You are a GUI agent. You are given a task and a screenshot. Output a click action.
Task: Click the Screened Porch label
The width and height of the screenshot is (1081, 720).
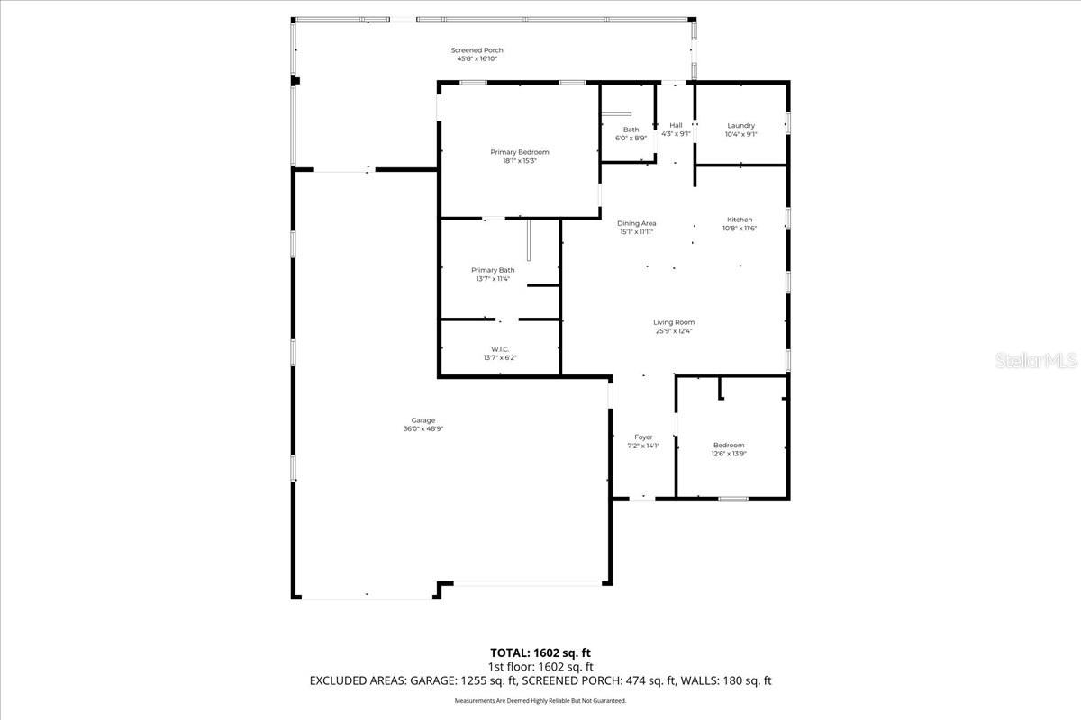pos(477,50)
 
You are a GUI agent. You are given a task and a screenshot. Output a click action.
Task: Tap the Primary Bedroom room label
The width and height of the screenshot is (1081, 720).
pos(519,152)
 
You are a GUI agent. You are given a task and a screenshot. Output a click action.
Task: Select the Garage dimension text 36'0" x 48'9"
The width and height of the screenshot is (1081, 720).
pos(423,429)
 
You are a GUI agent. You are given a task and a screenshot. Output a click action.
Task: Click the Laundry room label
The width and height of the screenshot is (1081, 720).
pos(740,126)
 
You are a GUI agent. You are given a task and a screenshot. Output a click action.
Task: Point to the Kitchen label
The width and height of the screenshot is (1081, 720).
pos(740,220)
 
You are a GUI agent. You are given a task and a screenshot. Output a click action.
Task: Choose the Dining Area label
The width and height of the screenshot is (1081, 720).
pos(636,223)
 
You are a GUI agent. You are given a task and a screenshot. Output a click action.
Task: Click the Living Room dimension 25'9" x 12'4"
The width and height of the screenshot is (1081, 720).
pos(674,331)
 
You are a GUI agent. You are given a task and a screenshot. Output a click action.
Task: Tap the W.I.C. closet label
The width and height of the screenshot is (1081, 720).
pos(500,349)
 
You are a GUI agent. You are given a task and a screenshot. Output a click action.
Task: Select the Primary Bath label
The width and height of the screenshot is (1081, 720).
pos(493,270)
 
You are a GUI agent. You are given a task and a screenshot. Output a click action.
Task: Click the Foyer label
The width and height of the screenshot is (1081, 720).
pos(643,437)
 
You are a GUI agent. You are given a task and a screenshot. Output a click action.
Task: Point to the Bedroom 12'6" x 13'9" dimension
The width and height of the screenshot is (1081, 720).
pos(729,454)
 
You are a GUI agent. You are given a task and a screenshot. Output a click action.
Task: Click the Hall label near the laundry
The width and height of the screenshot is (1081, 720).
pos(676,125)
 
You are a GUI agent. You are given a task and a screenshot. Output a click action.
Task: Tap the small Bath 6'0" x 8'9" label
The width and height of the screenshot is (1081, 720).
pos(631,130)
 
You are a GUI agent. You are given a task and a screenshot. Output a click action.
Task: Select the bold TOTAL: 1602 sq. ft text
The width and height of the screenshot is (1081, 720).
pos(540,652)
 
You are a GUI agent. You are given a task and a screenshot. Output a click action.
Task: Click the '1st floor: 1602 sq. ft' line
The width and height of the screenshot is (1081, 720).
pos(540,667)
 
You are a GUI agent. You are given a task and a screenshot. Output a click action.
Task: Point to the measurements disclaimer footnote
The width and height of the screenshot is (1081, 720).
pos(540,700)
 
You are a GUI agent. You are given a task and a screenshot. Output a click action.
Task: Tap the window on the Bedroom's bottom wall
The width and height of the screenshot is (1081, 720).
pos(732,498)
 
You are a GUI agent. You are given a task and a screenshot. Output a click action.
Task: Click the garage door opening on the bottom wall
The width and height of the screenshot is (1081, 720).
pos(527,584)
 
